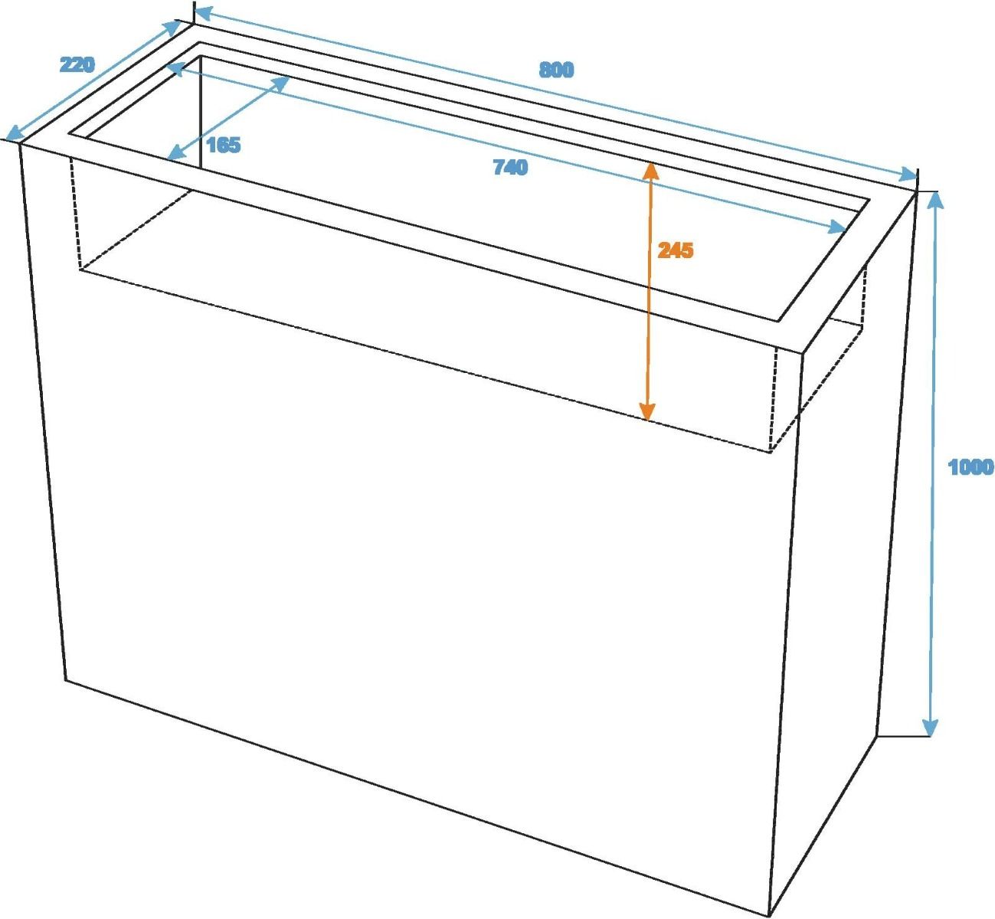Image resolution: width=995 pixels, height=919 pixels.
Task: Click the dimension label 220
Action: (77, 65)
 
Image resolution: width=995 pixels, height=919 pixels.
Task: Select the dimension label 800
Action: (556, 70)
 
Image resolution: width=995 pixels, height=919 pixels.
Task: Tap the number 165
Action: (224, 145)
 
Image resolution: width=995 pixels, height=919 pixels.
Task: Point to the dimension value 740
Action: (511, 167)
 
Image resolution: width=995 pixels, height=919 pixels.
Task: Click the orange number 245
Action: (676, 250)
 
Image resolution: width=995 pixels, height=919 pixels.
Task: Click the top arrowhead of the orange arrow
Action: (650, 171)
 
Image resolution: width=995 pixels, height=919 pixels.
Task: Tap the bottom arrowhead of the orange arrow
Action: (647, 411)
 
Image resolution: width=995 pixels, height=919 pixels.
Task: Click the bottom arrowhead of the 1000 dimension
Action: (930, 727)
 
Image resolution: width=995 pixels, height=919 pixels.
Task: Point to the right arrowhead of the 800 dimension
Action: (908, 175)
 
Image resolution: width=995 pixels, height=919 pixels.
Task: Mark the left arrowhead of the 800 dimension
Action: (204, 14)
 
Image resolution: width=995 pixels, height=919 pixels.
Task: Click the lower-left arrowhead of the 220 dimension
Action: (14, 132)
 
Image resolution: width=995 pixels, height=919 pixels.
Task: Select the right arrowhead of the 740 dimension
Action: (837, 227)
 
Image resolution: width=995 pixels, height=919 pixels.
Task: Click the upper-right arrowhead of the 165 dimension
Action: (280, 83)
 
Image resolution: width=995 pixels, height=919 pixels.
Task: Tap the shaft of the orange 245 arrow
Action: (649, 291)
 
